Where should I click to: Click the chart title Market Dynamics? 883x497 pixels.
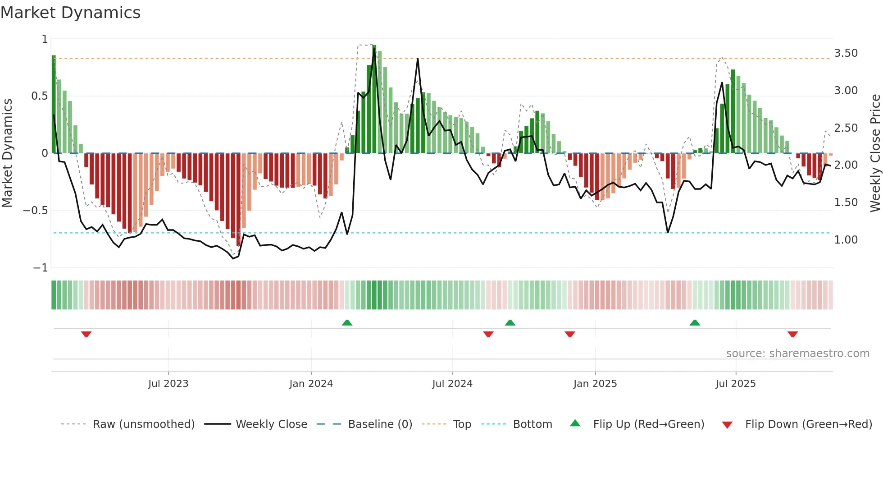tap(71, 13)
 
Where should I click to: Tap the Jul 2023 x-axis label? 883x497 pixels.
tap(168, 384)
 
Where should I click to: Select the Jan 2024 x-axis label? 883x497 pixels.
tap(311, 384)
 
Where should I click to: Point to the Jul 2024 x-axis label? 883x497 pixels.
tap(452, 384)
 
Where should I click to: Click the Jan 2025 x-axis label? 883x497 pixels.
tap(595, 384)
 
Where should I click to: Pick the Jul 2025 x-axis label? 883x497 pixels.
tap(736, 384)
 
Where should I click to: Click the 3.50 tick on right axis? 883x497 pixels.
tap(846, 53)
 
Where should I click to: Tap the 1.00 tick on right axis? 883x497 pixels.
tap(846, 240)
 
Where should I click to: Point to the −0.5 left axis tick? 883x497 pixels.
tap(36, 211)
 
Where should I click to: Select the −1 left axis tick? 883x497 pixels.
tap(40, 268)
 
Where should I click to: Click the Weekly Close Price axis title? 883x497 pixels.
tap(875, 153)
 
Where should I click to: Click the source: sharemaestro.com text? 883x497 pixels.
tap(797, 354)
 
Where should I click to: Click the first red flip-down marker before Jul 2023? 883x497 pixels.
tap(86, 334)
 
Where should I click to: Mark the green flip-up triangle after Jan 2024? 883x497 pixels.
tap(347, 322)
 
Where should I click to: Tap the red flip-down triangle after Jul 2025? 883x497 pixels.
tap(793, 334)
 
